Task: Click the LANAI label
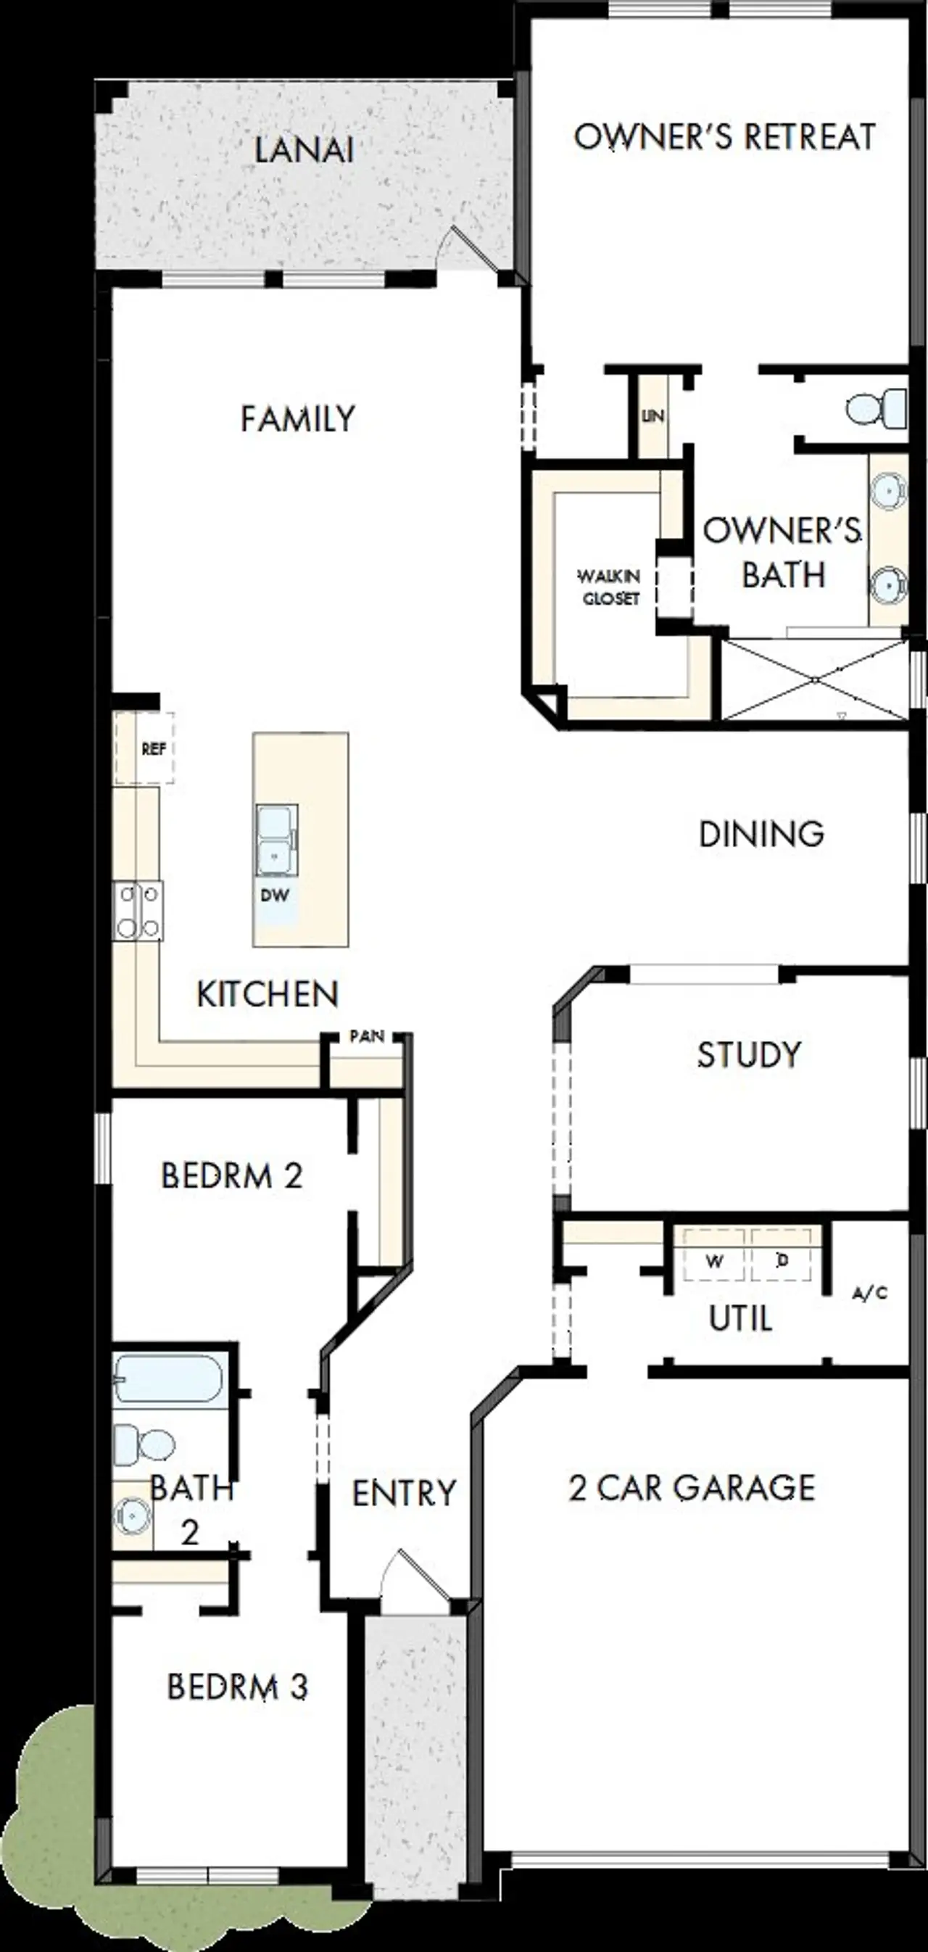coord(303,149)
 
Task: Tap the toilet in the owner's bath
coord(877,408)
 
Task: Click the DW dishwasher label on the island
coord(275,896)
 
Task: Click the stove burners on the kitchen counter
coord(138,911)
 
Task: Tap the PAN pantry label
coord(367,1036)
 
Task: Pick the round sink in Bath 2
coord(132,1517)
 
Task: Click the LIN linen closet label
coord(652,417)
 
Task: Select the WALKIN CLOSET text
coord(610,587)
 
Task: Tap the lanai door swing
coord(470,249)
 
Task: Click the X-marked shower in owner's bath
coord(814,679)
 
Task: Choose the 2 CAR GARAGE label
coord(692,1487)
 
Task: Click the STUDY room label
coord(748,1055)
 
